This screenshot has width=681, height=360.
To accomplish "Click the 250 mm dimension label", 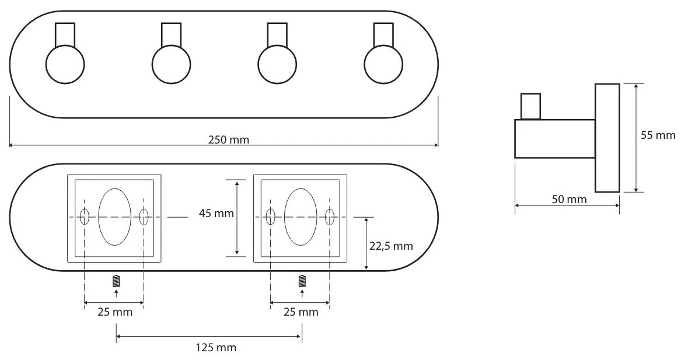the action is (228, 140).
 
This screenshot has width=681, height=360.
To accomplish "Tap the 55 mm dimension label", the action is (658, 135).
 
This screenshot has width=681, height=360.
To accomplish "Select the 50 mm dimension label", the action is (569, 200).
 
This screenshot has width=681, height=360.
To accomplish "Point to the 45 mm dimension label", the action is (216, 213).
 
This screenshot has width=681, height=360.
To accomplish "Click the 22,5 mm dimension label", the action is (391, 247).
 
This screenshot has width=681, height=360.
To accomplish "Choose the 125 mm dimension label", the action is (216, 347).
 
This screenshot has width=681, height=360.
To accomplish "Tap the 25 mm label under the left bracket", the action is (114, 312).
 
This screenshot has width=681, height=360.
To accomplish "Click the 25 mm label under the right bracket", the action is (301, 312).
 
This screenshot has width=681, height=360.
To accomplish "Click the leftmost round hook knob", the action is (65, 64).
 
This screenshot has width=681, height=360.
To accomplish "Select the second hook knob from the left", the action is (171, 64).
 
